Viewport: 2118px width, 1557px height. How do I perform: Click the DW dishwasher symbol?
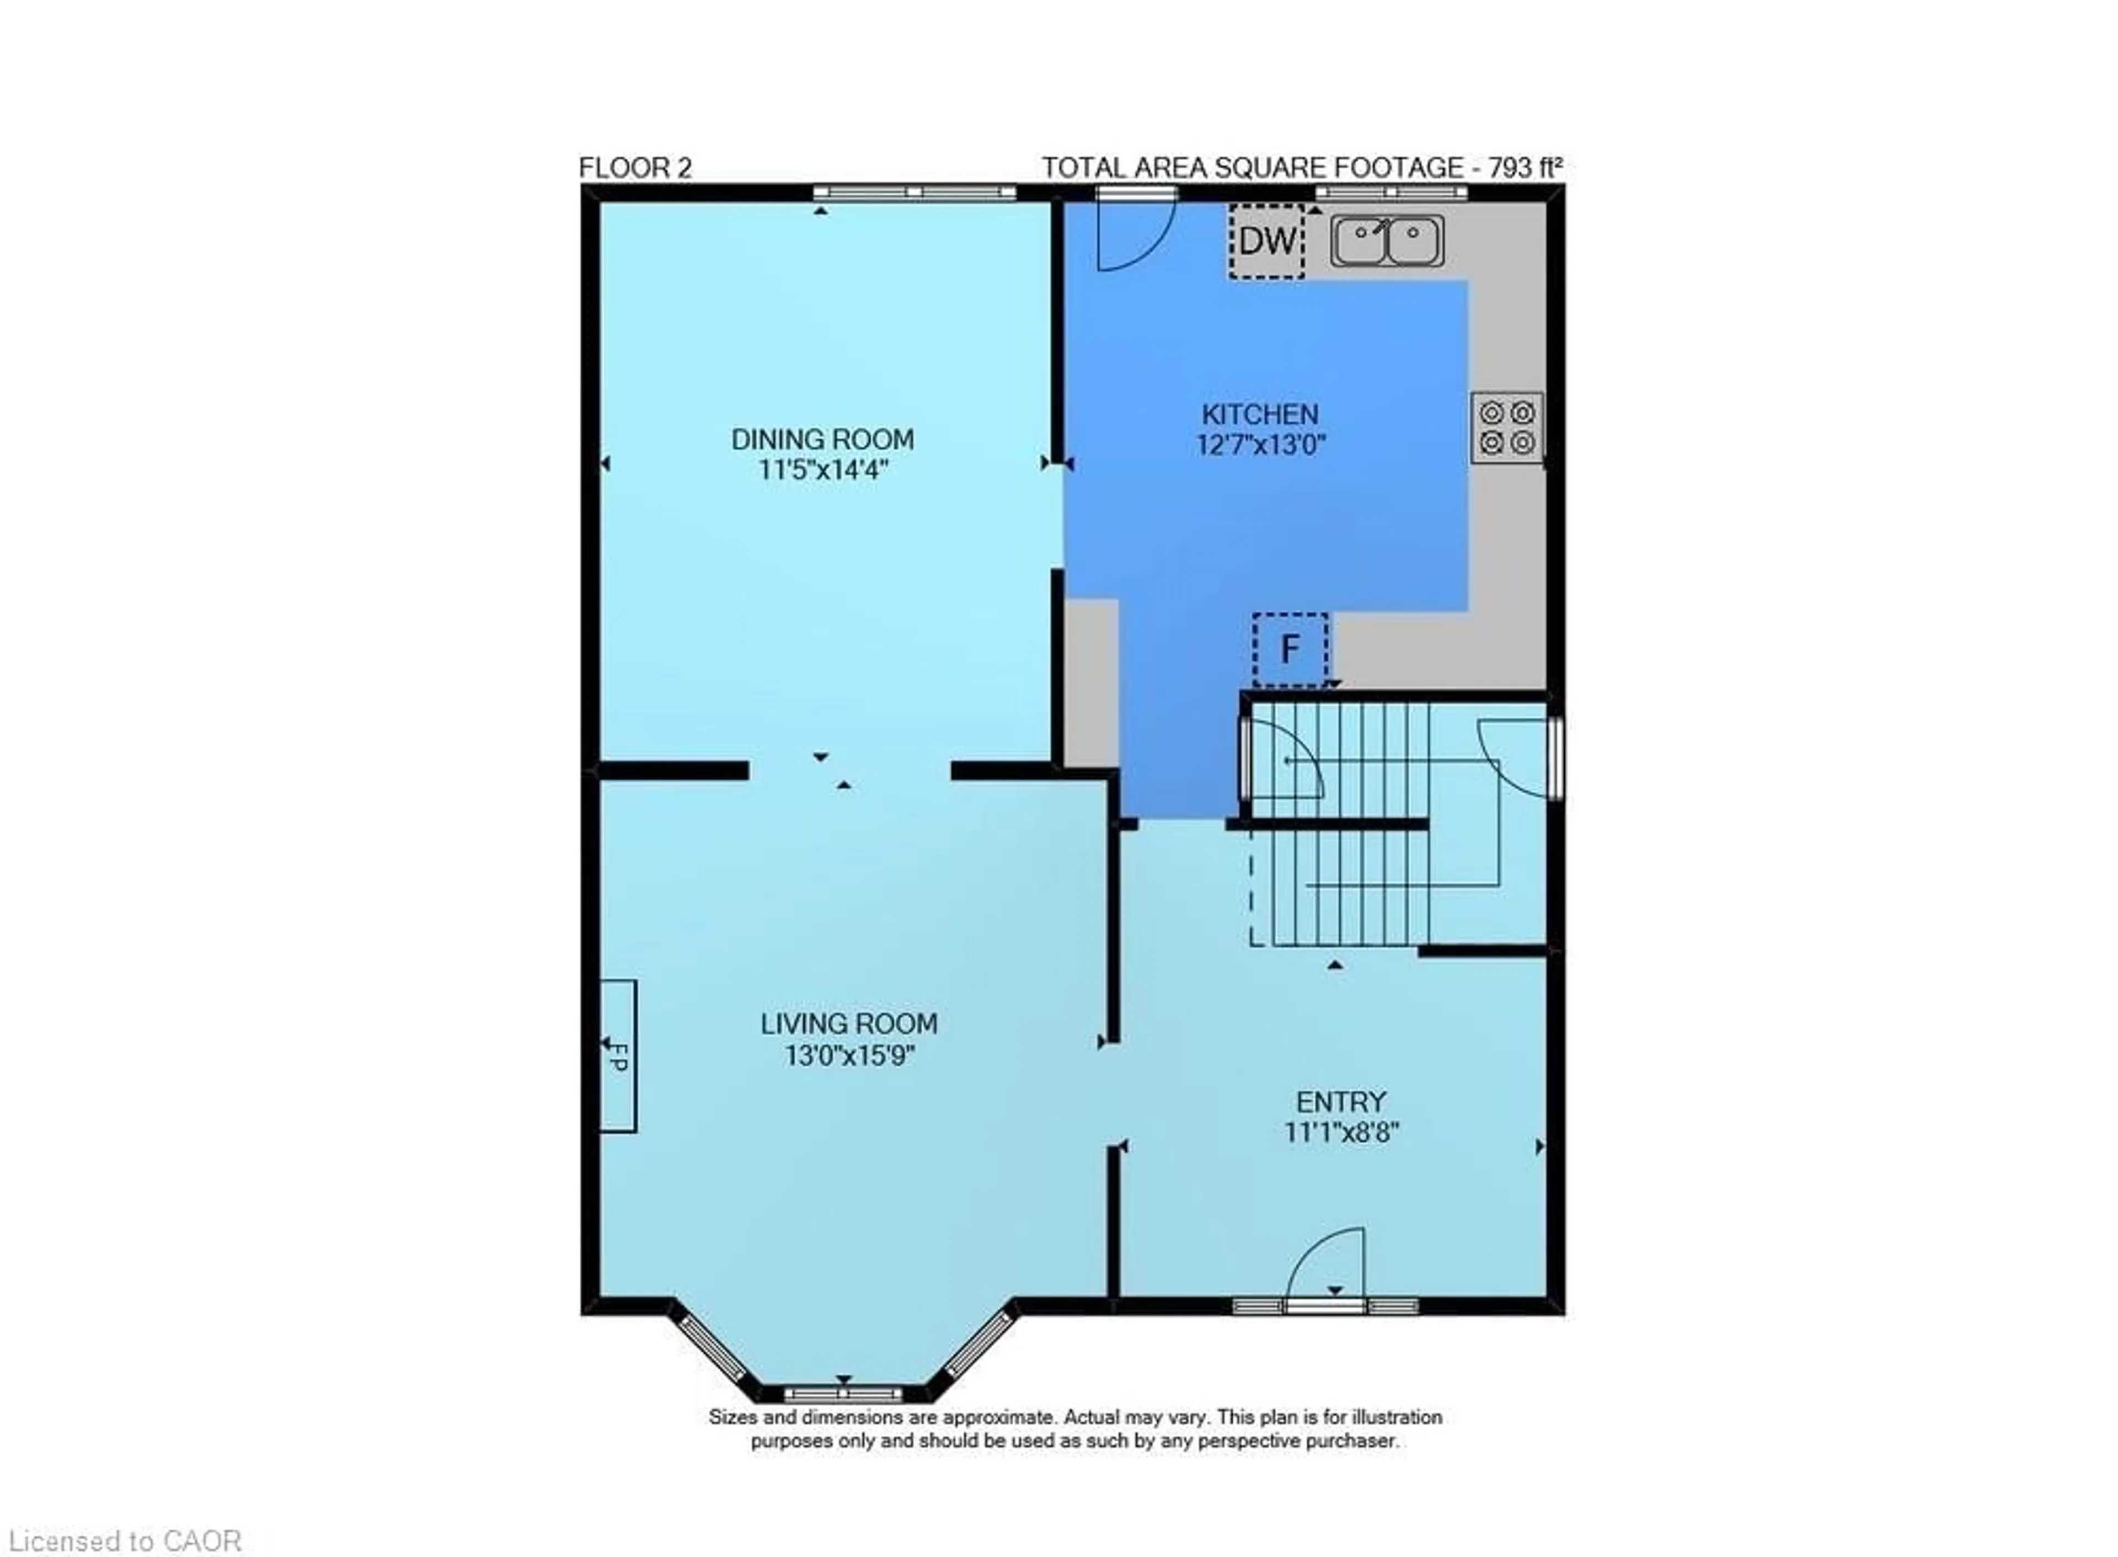1267,241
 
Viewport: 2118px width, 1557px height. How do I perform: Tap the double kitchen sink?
1387,241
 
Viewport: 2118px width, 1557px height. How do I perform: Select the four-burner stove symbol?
1506,427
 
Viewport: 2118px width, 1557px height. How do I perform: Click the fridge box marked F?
1290,649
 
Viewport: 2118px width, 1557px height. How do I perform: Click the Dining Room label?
822,439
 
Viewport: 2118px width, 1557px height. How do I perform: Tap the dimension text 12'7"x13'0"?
1261,445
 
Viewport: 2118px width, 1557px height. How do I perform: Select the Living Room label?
849,1023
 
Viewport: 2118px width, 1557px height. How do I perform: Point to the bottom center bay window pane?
843,1394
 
